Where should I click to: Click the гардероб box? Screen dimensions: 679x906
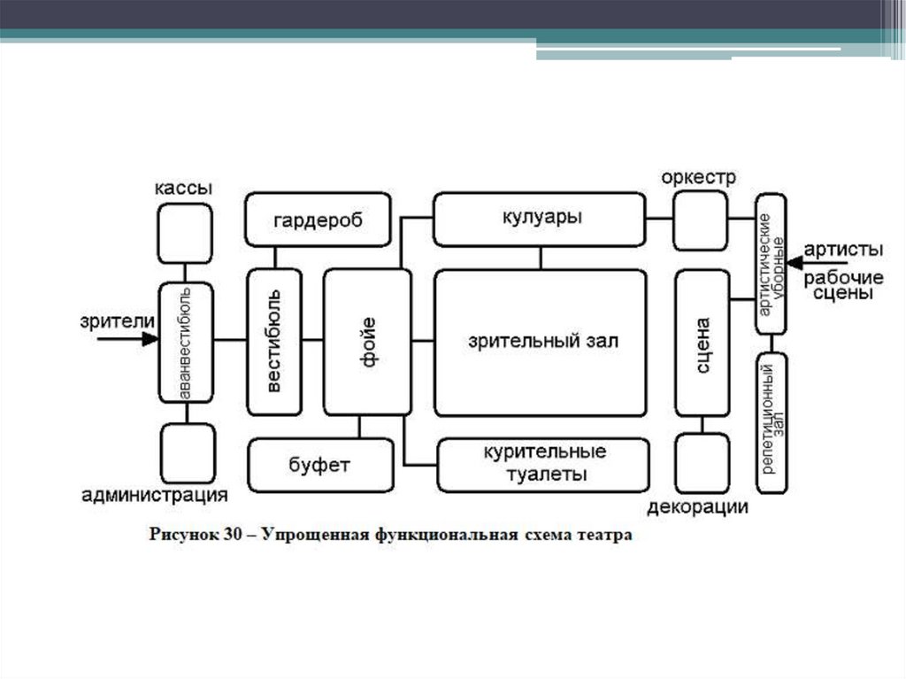[x=318, y=219]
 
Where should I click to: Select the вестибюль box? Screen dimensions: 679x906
[x=274, y=341]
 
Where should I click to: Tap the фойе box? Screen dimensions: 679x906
[x=367, y=341]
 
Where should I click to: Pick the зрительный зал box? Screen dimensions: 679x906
[x=540, y=342]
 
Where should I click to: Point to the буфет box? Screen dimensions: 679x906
[x=319, y=465]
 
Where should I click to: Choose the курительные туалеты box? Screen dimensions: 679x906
[x=544, y=464]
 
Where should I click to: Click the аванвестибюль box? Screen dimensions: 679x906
[x=185, y=341]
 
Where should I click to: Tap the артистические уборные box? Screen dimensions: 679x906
[x=771, y=263]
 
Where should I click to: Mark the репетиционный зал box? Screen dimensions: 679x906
[x=772, y=422]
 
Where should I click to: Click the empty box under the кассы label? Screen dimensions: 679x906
[x=185, y=233]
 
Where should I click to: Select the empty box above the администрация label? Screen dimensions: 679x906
[x=188, y=452]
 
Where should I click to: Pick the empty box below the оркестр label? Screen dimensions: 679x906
[x=700, y=220]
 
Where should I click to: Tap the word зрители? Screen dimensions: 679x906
[x=118, y=320]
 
